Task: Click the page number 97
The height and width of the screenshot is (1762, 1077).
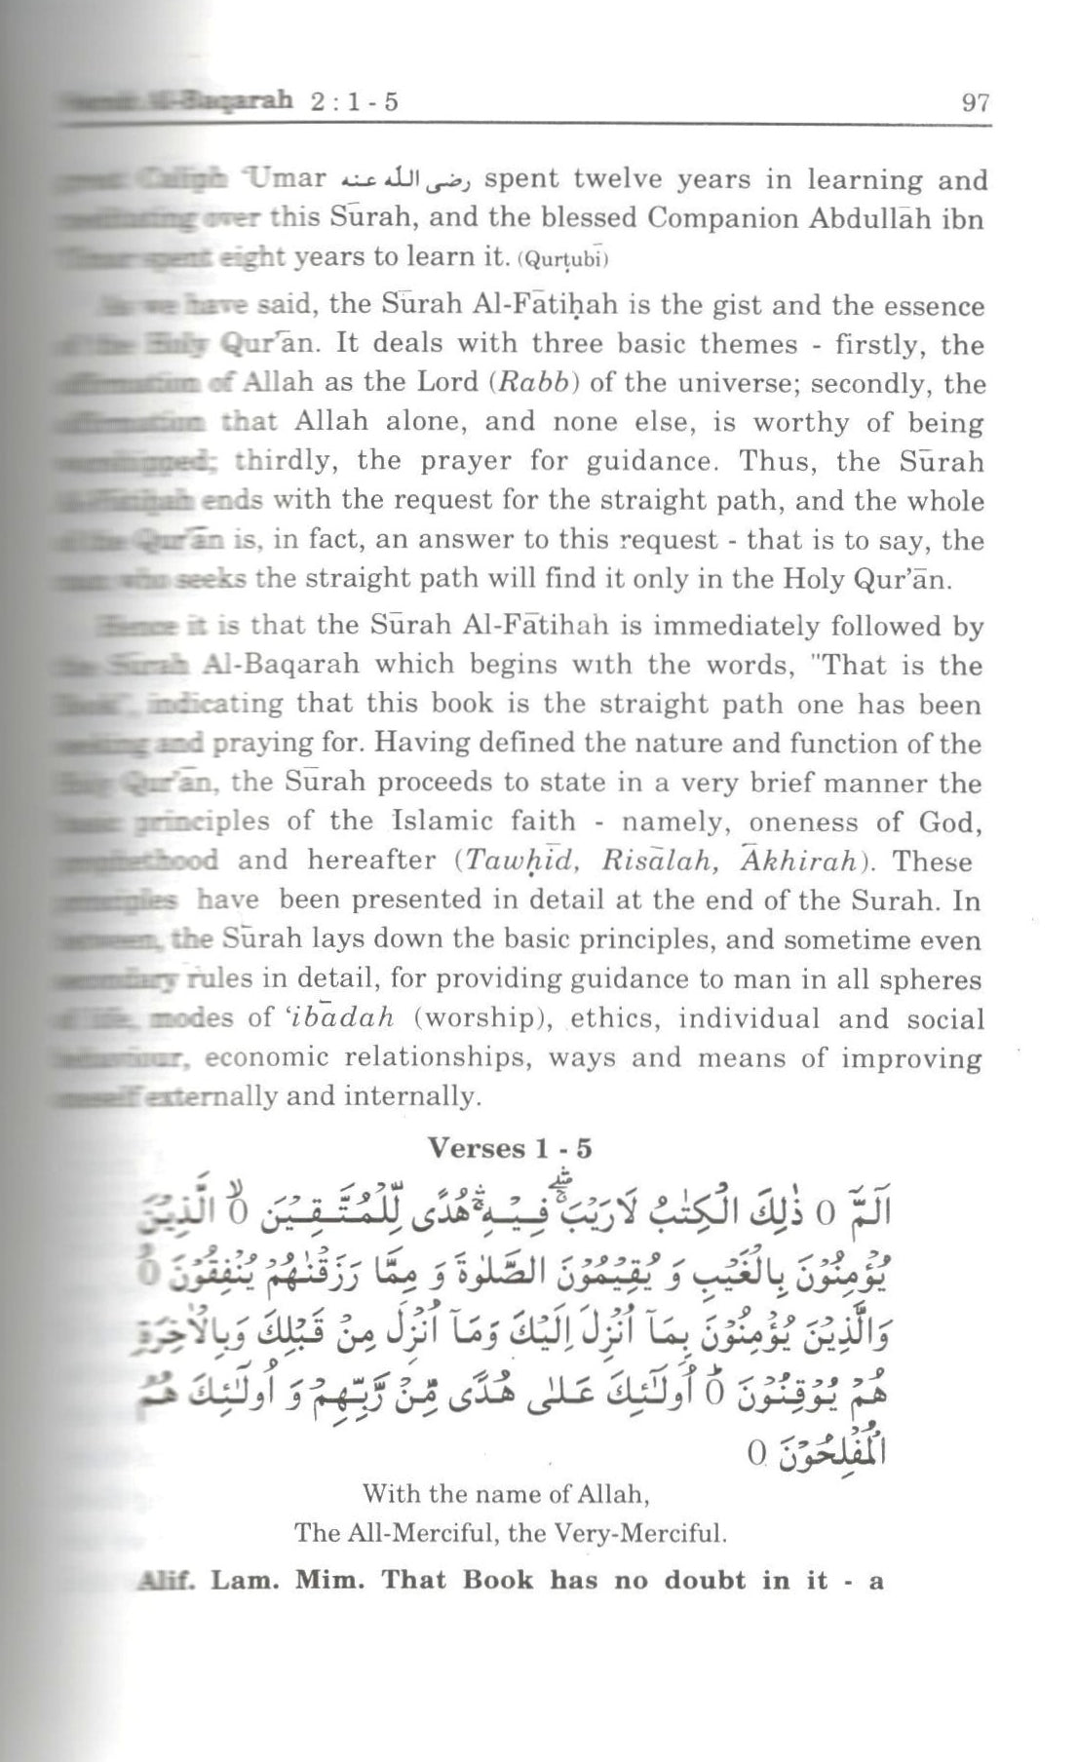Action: pyautogui.click(x=974, y=103)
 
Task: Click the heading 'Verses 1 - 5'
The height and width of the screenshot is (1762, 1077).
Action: pyautogui.click(x=510, y=1148)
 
